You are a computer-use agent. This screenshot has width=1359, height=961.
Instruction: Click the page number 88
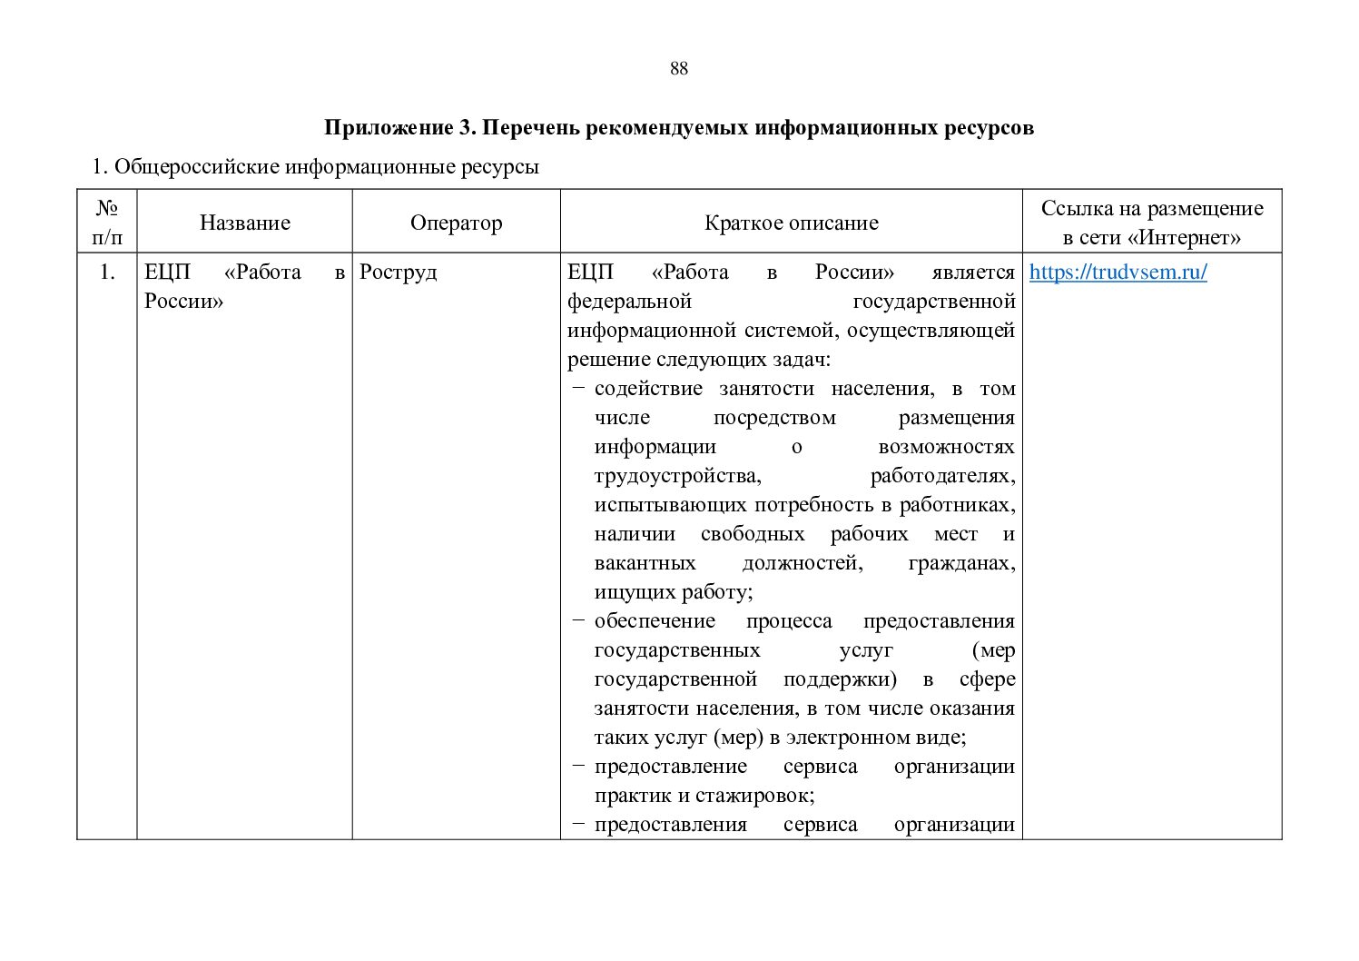679,69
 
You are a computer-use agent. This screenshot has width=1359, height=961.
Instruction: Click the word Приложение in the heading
384,128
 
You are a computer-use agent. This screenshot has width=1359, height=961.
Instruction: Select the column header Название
245,223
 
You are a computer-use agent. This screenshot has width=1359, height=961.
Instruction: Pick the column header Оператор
456,223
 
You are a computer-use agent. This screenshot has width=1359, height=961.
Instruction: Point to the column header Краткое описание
791,223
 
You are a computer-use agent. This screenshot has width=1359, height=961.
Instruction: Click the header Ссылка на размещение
1151,209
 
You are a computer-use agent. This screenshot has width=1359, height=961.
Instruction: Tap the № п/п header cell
107,223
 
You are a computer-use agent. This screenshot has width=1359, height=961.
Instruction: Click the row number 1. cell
107,272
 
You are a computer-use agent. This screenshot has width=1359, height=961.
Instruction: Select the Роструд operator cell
398,272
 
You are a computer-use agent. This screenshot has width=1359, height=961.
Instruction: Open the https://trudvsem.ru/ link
1118,272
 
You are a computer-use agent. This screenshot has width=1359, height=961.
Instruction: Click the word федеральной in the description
629,302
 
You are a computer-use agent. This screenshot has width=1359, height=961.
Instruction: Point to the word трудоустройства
677,476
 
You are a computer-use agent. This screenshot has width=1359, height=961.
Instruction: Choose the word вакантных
645,563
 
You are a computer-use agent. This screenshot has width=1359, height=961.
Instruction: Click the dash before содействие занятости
578,389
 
